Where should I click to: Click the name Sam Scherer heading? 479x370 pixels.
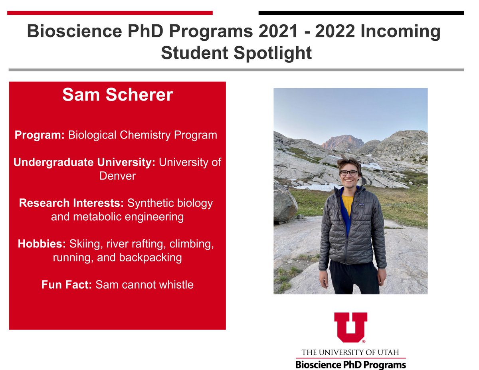[x=117, y=95]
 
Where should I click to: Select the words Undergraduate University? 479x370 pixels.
[x=84, y=162]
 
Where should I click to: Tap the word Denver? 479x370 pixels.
[x=117, y=176]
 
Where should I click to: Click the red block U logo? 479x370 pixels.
[x=350, y=326]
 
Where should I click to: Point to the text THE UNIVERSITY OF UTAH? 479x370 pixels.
[x=350, y=352]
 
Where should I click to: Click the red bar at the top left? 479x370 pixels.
[x=110, y=13]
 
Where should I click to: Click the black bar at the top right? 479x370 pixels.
[x=361, y=13]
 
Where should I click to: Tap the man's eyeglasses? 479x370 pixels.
[x=348, y=173]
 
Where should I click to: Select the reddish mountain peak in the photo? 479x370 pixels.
[x=342, y=142]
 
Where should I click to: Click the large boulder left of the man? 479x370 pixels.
[x=284, y=203]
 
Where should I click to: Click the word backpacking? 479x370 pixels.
[x=150, y=257]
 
